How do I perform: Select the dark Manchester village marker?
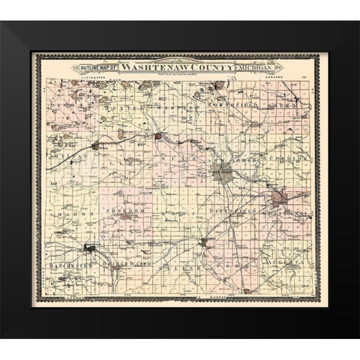pyautogui.click(x=90, y=247)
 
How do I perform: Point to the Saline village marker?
pyautogui.click(x=203, y=241)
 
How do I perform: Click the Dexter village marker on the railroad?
pyautogui.click(x=158, y=136)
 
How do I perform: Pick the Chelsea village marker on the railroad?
pyautogui.click(x=94, y=145)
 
